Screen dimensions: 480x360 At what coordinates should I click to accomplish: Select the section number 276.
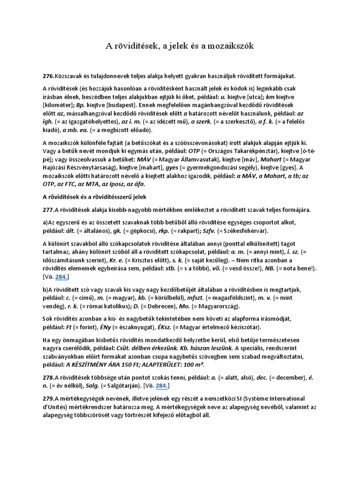click(x=48, y=76)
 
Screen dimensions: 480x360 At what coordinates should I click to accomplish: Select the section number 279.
click(x=48, y=398)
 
